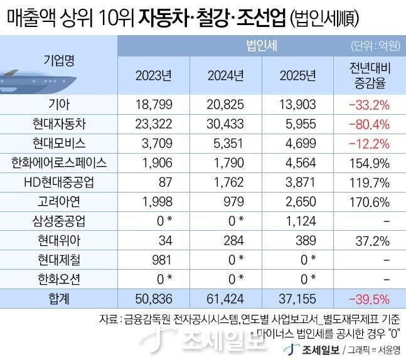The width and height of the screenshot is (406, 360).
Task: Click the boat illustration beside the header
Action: (x=25, y=80)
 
